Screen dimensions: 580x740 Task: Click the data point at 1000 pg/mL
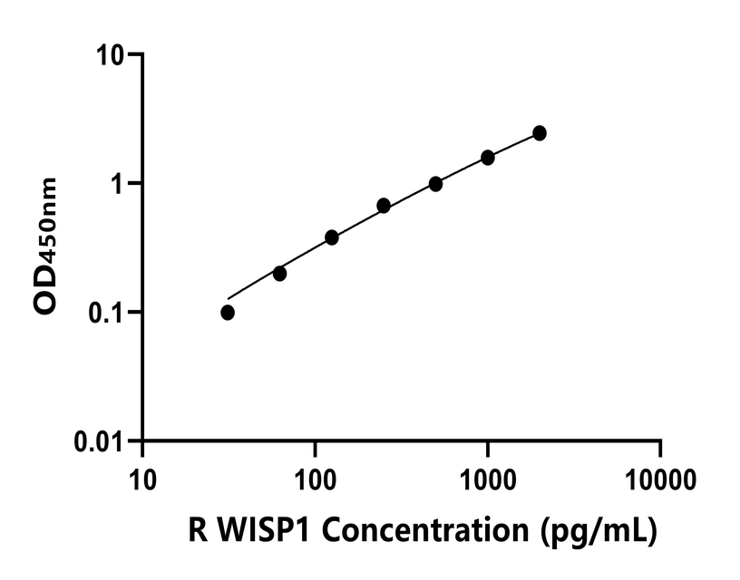488,158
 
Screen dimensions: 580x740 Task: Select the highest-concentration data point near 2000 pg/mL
540,133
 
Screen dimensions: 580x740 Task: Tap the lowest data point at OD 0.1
228,313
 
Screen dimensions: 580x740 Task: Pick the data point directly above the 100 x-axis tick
332,237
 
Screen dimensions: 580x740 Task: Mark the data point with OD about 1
436,184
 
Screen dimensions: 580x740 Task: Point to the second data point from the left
279,274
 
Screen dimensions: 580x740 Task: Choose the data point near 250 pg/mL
384,206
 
